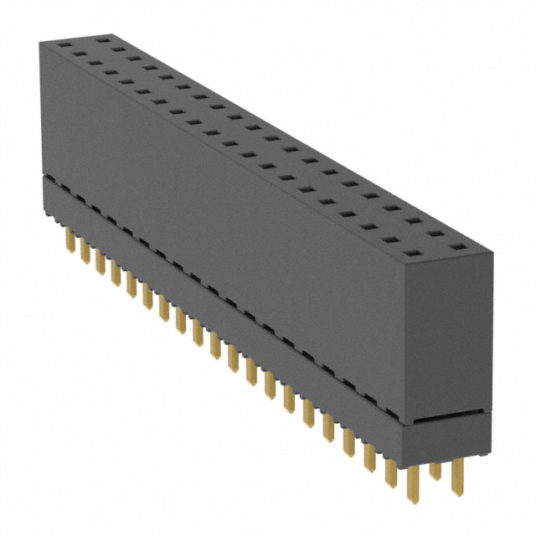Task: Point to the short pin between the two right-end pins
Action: pos(435,469)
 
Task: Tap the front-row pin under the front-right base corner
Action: pos(413,486)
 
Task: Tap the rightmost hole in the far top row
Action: pos(456,248)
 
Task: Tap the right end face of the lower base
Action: pos(451,440)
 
